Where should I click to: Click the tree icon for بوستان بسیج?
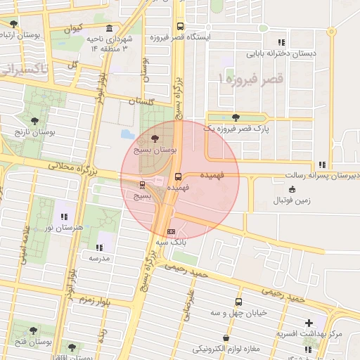click(155, 139)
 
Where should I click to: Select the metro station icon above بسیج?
click(143, 185)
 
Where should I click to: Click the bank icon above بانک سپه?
click(171, 231)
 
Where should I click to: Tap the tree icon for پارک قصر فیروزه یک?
click(235, 117)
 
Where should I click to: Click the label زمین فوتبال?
click(294, 201)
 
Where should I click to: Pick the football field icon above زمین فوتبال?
click(292, 188)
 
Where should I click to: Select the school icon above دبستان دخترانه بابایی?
click(282, 41)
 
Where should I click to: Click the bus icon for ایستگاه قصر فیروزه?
click(180, 26)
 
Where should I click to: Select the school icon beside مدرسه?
click(99, 247)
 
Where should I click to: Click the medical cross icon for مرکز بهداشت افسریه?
click(309, 323)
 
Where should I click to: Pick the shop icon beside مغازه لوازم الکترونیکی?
click(226, 337)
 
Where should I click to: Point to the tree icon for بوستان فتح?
click(33, 330)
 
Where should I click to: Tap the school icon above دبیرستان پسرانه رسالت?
click(321, 164)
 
